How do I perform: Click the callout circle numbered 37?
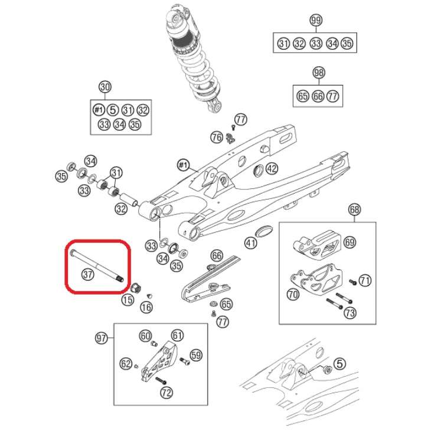click(x=87, y=274)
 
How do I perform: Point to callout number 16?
click(x=146, y=306)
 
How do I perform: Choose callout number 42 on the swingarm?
click(x=271, y=169)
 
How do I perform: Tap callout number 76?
click(x=217, y=138)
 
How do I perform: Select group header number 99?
click(x=316, y=21)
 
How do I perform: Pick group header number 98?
click(x=318, y=73)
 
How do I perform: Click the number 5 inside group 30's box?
click(x=113, y=110)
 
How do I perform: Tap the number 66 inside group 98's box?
click(x=318, y=96)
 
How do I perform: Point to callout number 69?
click(x=350, y=242)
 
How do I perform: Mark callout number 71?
click(x=365, y=280)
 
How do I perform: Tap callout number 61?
click(x=178, y=335)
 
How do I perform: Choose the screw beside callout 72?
click(x=161, y=381)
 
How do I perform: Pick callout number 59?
click(x=196, y=355)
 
